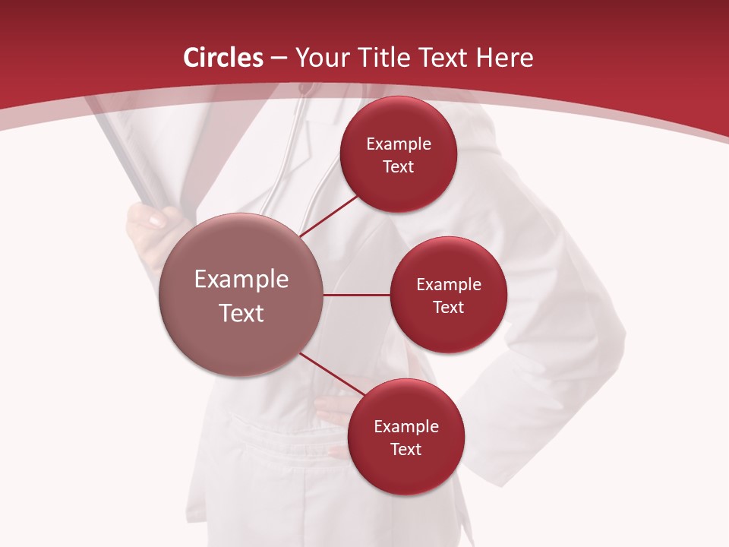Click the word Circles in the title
pos(223,58)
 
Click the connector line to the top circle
pos(330,215)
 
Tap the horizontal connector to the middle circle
pos(356,295)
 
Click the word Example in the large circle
pos(241,280)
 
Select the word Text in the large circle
pos(241,313)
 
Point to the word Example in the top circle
pos(399,144)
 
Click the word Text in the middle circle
pos(448,307)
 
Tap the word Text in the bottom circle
pos(406,449)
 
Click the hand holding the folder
pos(148,225)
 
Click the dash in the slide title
pos(278,58)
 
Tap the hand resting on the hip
pos(334,410)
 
